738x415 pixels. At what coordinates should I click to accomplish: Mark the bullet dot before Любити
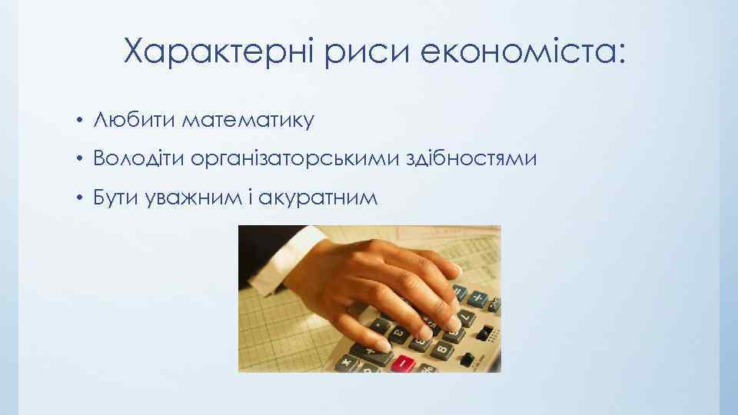79,121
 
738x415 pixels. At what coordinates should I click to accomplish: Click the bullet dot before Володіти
79,160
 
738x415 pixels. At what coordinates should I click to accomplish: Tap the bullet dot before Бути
79,199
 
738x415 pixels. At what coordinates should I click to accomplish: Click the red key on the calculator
403,364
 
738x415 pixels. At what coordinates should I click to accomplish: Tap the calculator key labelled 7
467,317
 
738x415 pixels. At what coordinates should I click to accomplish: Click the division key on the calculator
478,298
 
